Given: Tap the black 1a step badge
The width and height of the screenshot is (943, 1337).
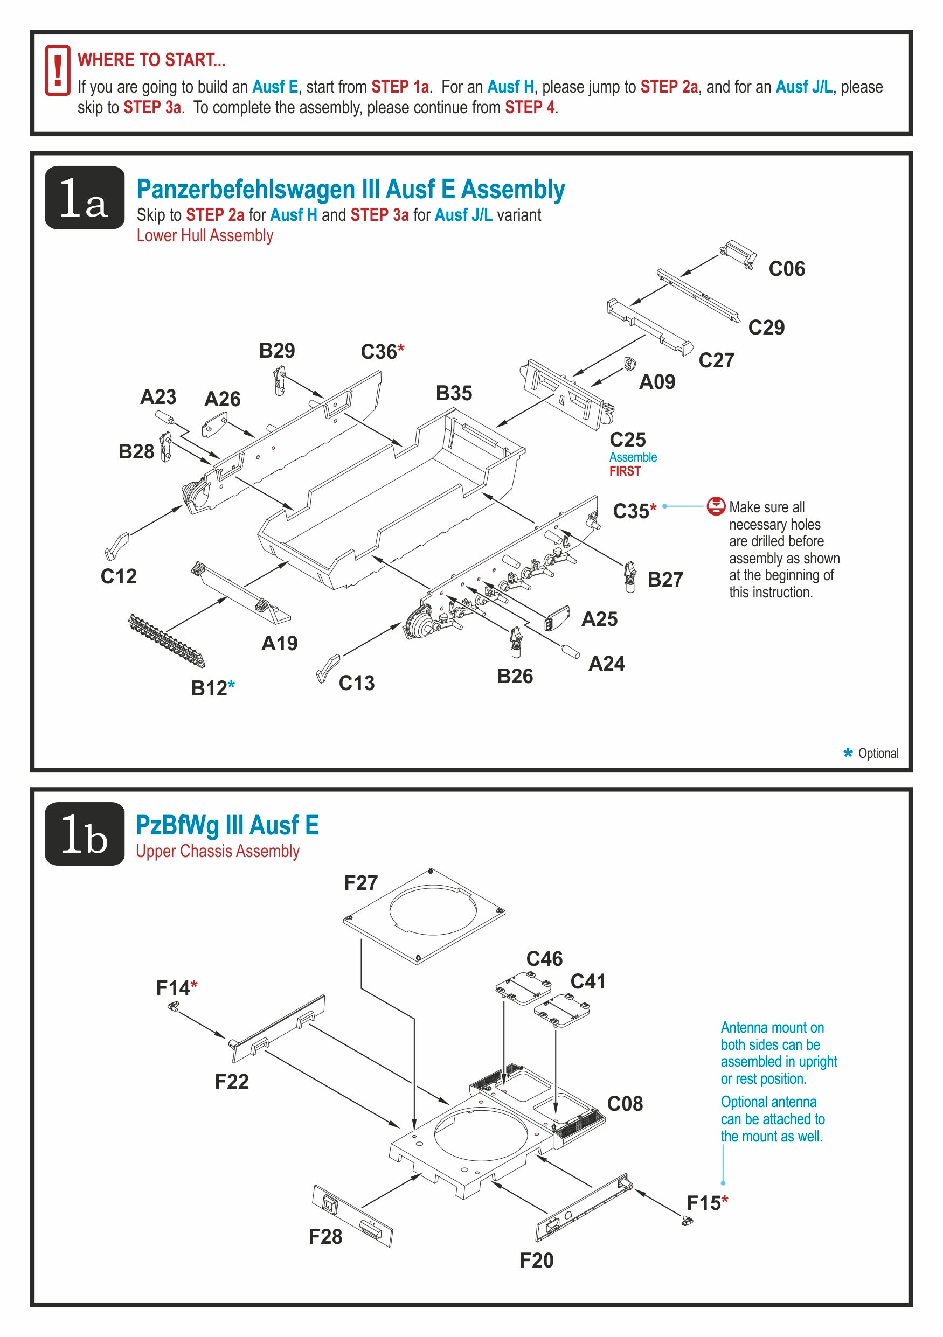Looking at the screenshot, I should (x=85, y=198).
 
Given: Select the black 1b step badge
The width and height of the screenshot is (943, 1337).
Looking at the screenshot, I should (x=85, y=833).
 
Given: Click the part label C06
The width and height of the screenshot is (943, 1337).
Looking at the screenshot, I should (x=786, y=269).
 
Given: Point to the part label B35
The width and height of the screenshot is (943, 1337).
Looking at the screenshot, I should (x=454, y=394).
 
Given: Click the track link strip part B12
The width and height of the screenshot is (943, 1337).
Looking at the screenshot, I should (x=167, y=640).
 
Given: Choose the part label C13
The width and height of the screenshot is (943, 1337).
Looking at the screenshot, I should (x=357, y=683).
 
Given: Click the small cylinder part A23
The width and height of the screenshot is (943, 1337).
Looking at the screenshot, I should (x=165, y=417).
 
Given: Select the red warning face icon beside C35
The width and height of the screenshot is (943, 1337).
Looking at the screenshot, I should (x=716, y=506).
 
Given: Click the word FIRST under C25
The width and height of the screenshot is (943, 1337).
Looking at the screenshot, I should (x=625, y=471).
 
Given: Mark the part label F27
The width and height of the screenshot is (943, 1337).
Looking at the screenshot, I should (x=361, y=883).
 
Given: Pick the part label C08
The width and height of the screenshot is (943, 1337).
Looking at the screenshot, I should (x=625, y=1104).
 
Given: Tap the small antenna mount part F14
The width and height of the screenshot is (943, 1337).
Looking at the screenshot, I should (x=173, y=1006).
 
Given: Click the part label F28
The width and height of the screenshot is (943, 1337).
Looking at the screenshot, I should (x=325, y=1236).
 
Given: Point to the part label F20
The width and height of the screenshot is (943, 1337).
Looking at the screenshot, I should (x=537, y=1260).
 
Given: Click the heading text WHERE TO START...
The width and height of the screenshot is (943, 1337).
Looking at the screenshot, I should (x=151, y=60).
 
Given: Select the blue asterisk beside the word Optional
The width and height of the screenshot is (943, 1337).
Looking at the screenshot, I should (x=848, y=753).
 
